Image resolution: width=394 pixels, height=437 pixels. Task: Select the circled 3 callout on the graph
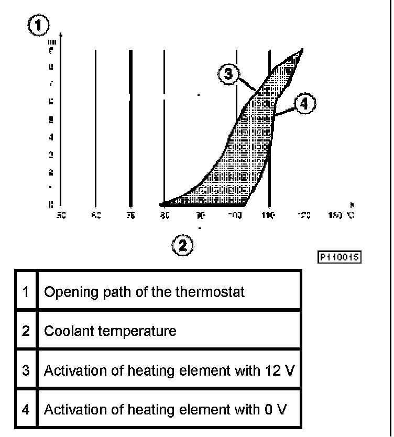click(228, 74)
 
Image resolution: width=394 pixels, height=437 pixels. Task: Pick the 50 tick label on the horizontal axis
click(60, 215)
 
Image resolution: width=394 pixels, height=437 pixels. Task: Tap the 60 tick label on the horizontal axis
click(95, 215)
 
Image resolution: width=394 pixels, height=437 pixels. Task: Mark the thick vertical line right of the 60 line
click(130, 126)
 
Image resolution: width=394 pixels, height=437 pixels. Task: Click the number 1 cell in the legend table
click(26, 291)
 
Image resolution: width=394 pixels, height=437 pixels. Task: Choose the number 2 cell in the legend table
click(26, 331)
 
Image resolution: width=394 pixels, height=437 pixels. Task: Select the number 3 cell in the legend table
click(26, 370)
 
